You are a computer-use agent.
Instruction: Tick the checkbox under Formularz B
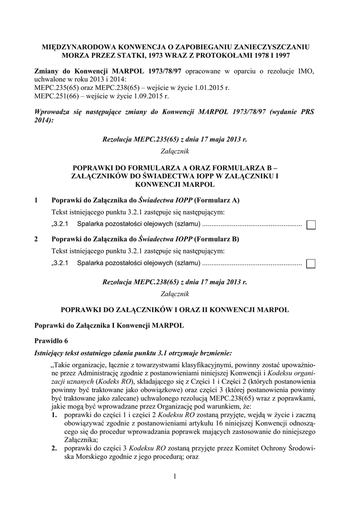(x=311, y=263)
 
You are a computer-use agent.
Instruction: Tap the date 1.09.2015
(x=149, y=96)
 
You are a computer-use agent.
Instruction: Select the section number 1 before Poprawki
(x=36, y=200)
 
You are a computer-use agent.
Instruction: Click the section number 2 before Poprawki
(x=36, y=239)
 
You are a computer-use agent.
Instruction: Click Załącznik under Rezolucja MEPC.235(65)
(x=175, y=151)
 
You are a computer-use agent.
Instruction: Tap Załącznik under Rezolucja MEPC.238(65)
(x=175, y=294)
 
